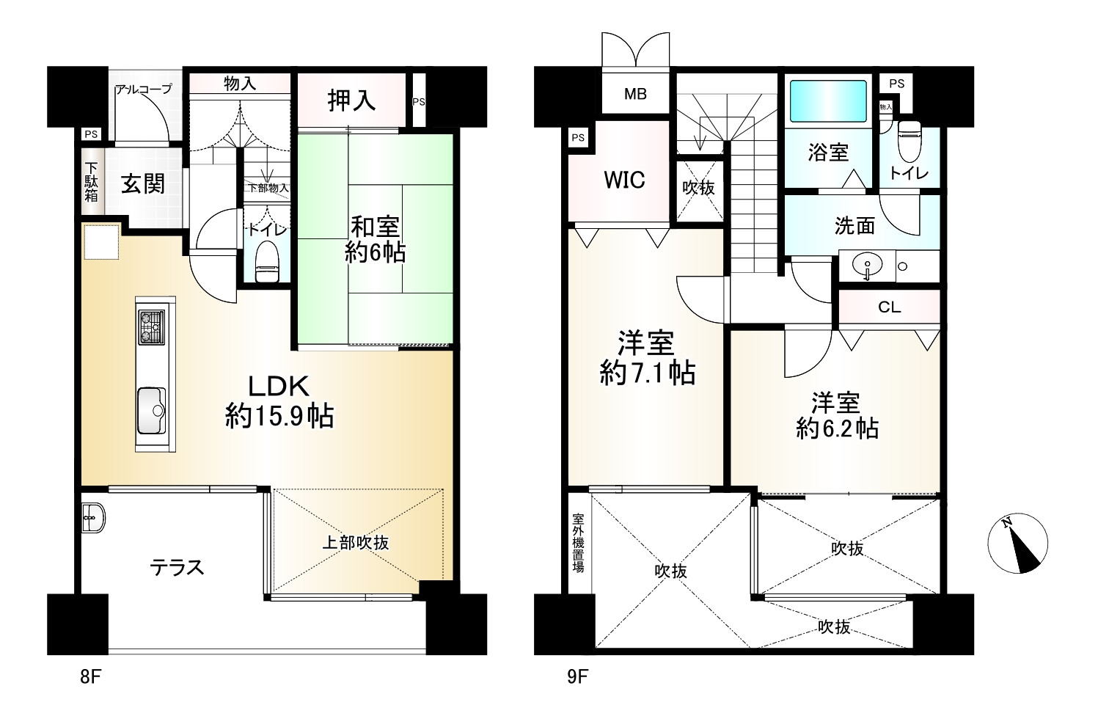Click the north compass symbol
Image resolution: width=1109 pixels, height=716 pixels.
pyautogui.click(x=1017, y=543)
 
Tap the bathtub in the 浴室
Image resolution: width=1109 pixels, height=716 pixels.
pyautogui.click(x=828, y=101)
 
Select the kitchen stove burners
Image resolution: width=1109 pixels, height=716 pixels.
pyautogui.click(x=152, y=327)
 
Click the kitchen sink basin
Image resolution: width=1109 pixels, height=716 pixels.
pyautogui.click(x=152, y=411)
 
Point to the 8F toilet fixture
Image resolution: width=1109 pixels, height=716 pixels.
pyautogui.click(x=267, y=261)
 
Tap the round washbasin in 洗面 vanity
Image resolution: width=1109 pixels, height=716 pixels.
pyautogui.click(x=868, y=265)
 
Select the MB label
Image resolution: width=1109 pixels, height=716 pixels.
pyautogui.click(x=635, y=94)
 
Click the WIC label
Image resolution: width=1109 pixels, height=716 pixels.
pyautogui.click(x=624, y=180)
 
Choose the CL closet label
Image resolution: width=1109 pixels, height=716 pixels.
pyautogui.click(x=889, y=307)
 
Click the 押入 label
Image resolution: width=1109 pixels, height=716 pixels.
pyautogui.click(x=351, y=101)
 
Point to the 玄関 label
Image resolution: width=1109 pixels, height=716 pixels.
pyautogui.click(x=143, y=183)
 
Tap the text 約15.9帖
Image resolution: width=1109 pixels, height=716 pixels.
pyautogui.click(x=279, y=415)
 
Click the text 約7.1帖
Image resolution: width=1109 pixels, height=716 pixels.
pyautogui.click(x=648, y=373)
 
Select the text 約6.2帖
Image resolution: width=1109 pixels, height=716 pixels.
pyautogui.click(x=838, y=428)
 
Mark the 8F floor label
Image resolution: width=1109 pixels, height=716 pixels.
pyautogui.click(x=91, y=676)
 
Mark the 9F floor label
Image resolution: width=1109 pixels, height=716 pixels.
pyautogui.click(x=578, y=676)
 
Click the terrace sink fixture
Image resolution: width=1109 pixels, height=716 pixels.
pyautogui.click(x=93, y=518)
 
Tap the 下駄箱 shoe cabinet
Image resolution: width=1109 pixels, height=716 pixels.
pyautogui.click(x=92, y=181)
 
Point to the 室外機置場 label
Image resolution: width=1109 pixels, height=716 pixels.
pyautogui.click(x=578, y=543)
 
